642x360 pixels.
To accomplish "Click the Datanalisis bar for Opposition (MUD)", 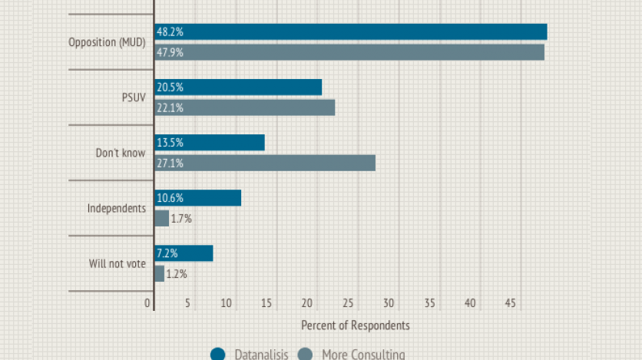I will click(350, 31).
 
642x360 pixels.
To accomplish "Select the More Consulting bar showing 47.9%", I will click(349, 52).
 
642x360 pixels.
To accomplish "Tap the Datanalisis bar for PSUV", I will click(238, 87).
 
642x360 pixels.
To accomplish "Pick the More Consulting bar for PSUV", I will click(244, 107).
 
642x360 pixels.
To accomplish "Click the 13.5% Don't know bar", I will click(210, 143).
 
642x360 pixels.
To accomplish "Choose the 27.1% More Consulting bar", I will click(265, 163).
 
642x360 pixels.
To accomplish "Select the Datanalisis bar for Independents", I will click(197, 198).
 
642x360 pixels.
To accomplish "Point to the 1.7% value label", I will click(181, 219).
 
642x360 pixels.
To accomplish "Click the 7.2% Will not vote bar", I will click(184, 253).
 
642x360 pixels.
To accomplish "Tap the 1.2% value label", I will click(177, 274).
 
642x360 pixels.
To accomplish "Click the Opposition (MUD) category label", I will click(107, 42).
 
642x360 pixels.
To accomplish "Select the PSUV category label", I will click(133, 97).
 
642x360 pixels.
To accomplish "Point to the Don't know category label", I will click(120, 153).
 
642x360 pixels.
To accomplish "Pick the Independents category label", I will click(116, 208).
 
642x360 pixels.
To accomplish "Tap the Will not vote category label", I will click(117, 264).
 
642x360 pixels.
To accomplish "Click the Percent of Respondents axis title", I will click(355, 325).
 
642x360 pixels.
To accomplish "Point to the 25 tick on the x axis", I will click(349, 303).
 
